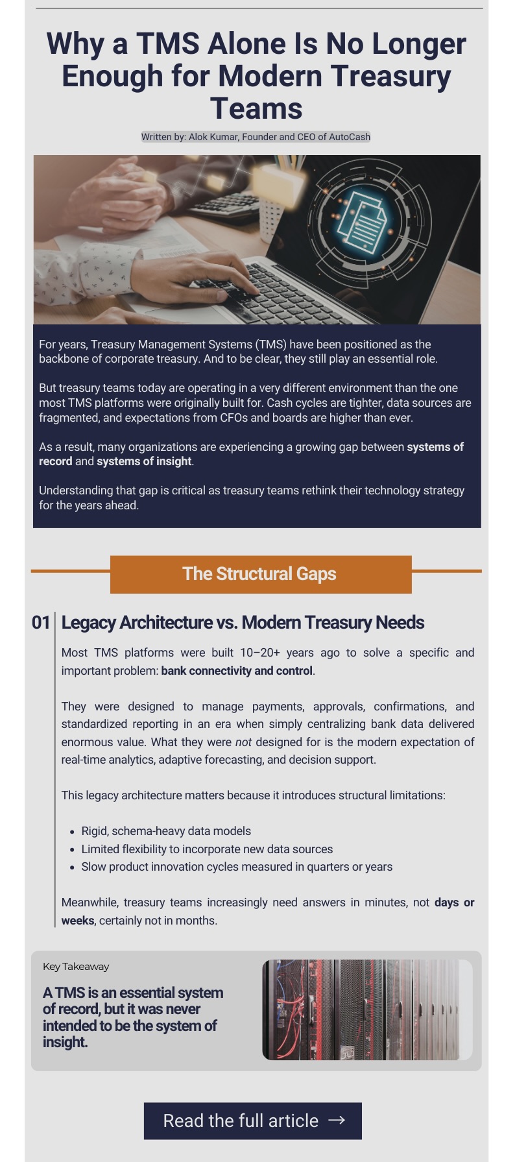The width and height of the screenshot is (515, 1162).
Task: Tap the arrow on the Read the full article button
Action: coord(337,1120)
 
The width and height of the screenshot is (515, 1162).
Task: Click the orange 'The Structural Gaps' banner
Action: coord(260,574)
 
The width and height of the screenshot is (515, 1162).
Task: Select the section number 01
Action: coord(41,623)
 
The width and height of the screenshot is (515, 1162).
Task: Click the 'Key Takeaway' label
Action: coord(76,967)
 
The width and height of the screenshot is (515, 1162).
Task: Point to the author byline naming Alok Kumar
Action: coord(256,137)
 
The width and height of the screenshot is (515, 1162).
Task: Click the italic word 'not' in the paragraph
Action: coord(243,742)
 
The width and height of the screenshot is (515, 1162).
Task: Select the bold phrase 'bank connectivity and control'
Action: coord(237,671)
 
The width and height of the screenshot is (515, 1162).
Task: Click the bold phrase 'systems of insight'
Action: coord(144,461)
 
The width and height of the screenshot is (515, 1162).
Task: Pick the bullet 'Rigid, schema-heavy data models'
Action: coord(166,831)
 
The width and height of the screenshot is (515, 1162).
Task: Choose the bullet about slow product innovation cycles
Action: coord(237,867)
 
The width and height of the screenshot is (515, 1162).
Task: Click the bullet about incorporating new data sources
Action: coord(207,849)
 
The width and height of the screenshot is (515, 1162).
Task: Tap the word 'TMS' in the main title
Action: coord(167,44)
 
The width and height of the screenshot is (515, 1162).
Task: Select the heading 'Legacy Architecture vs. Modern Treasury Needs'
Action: coord(243,623)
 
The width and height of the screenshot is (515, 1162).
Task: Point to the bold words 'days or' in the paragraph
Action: coord(454,902)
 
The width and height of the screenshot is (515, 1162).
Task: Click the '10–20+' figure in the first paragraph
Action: coord(261,653)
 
